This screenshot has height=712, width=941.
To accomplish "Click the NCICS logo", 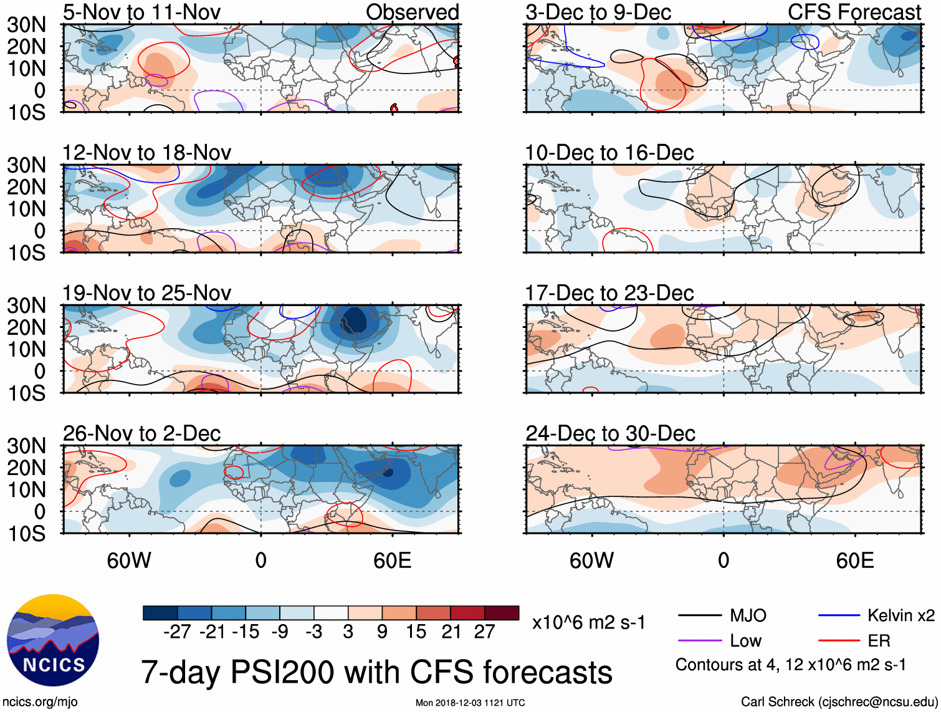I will click(x=53, y=640).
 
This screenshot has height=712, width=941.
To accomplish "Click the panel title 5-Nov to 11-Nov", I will click(x=141, y=12).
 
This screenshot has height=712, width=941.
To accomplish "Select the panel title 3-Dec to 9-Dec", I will click(x=598, y=12).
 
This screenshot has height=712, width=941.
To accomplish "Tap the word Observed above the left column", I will click(x=412, y=12).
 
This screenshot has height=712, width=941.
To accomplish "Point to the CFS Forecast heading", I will click(x=854, y=12).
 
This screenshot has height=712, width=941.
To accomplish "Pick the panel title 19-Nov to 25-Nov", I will click(x=146, y=293).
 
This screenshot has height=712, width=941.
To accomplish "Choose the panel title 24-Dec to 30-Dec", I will click(x=610, y=433).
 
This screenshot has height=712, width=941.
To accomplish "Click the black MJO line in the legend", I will click(x=700, y=616).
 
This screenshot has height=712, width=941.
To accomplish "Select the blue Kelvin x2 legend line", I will click(x=839, y=616).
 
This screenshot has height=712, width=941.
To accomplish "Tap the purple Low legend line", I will click(x=700, y=640).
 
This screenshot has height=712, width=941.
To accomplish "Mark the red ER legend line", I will click(x=839, y=640).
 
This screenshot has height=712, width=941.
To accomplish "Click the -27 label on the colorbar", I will click(x=177, y=632).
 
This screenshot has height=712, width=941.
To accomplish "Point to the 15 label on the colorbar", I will click(x=416, y=632).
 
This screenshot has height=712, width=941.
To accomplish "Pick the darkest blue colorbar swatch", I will click(x=160, y=613).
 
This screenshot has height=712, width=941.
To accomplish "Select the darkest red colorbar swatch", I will click(x=502, y=613).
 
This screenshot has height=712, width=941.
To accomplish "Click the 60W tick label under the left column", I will click(x=129, y=560).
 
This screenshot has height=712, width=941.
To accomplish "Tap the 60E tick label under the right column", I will click(x=854, y=560).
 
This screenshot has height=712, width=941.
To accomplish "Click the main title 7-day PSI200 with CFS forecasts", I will click(x=376, y=672).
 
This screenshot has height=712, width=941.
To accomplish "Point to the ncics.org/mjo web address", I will click(x=40, y=702).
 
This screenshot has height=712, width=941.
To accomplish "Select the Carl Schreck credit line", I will click(x=839, y=702).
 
